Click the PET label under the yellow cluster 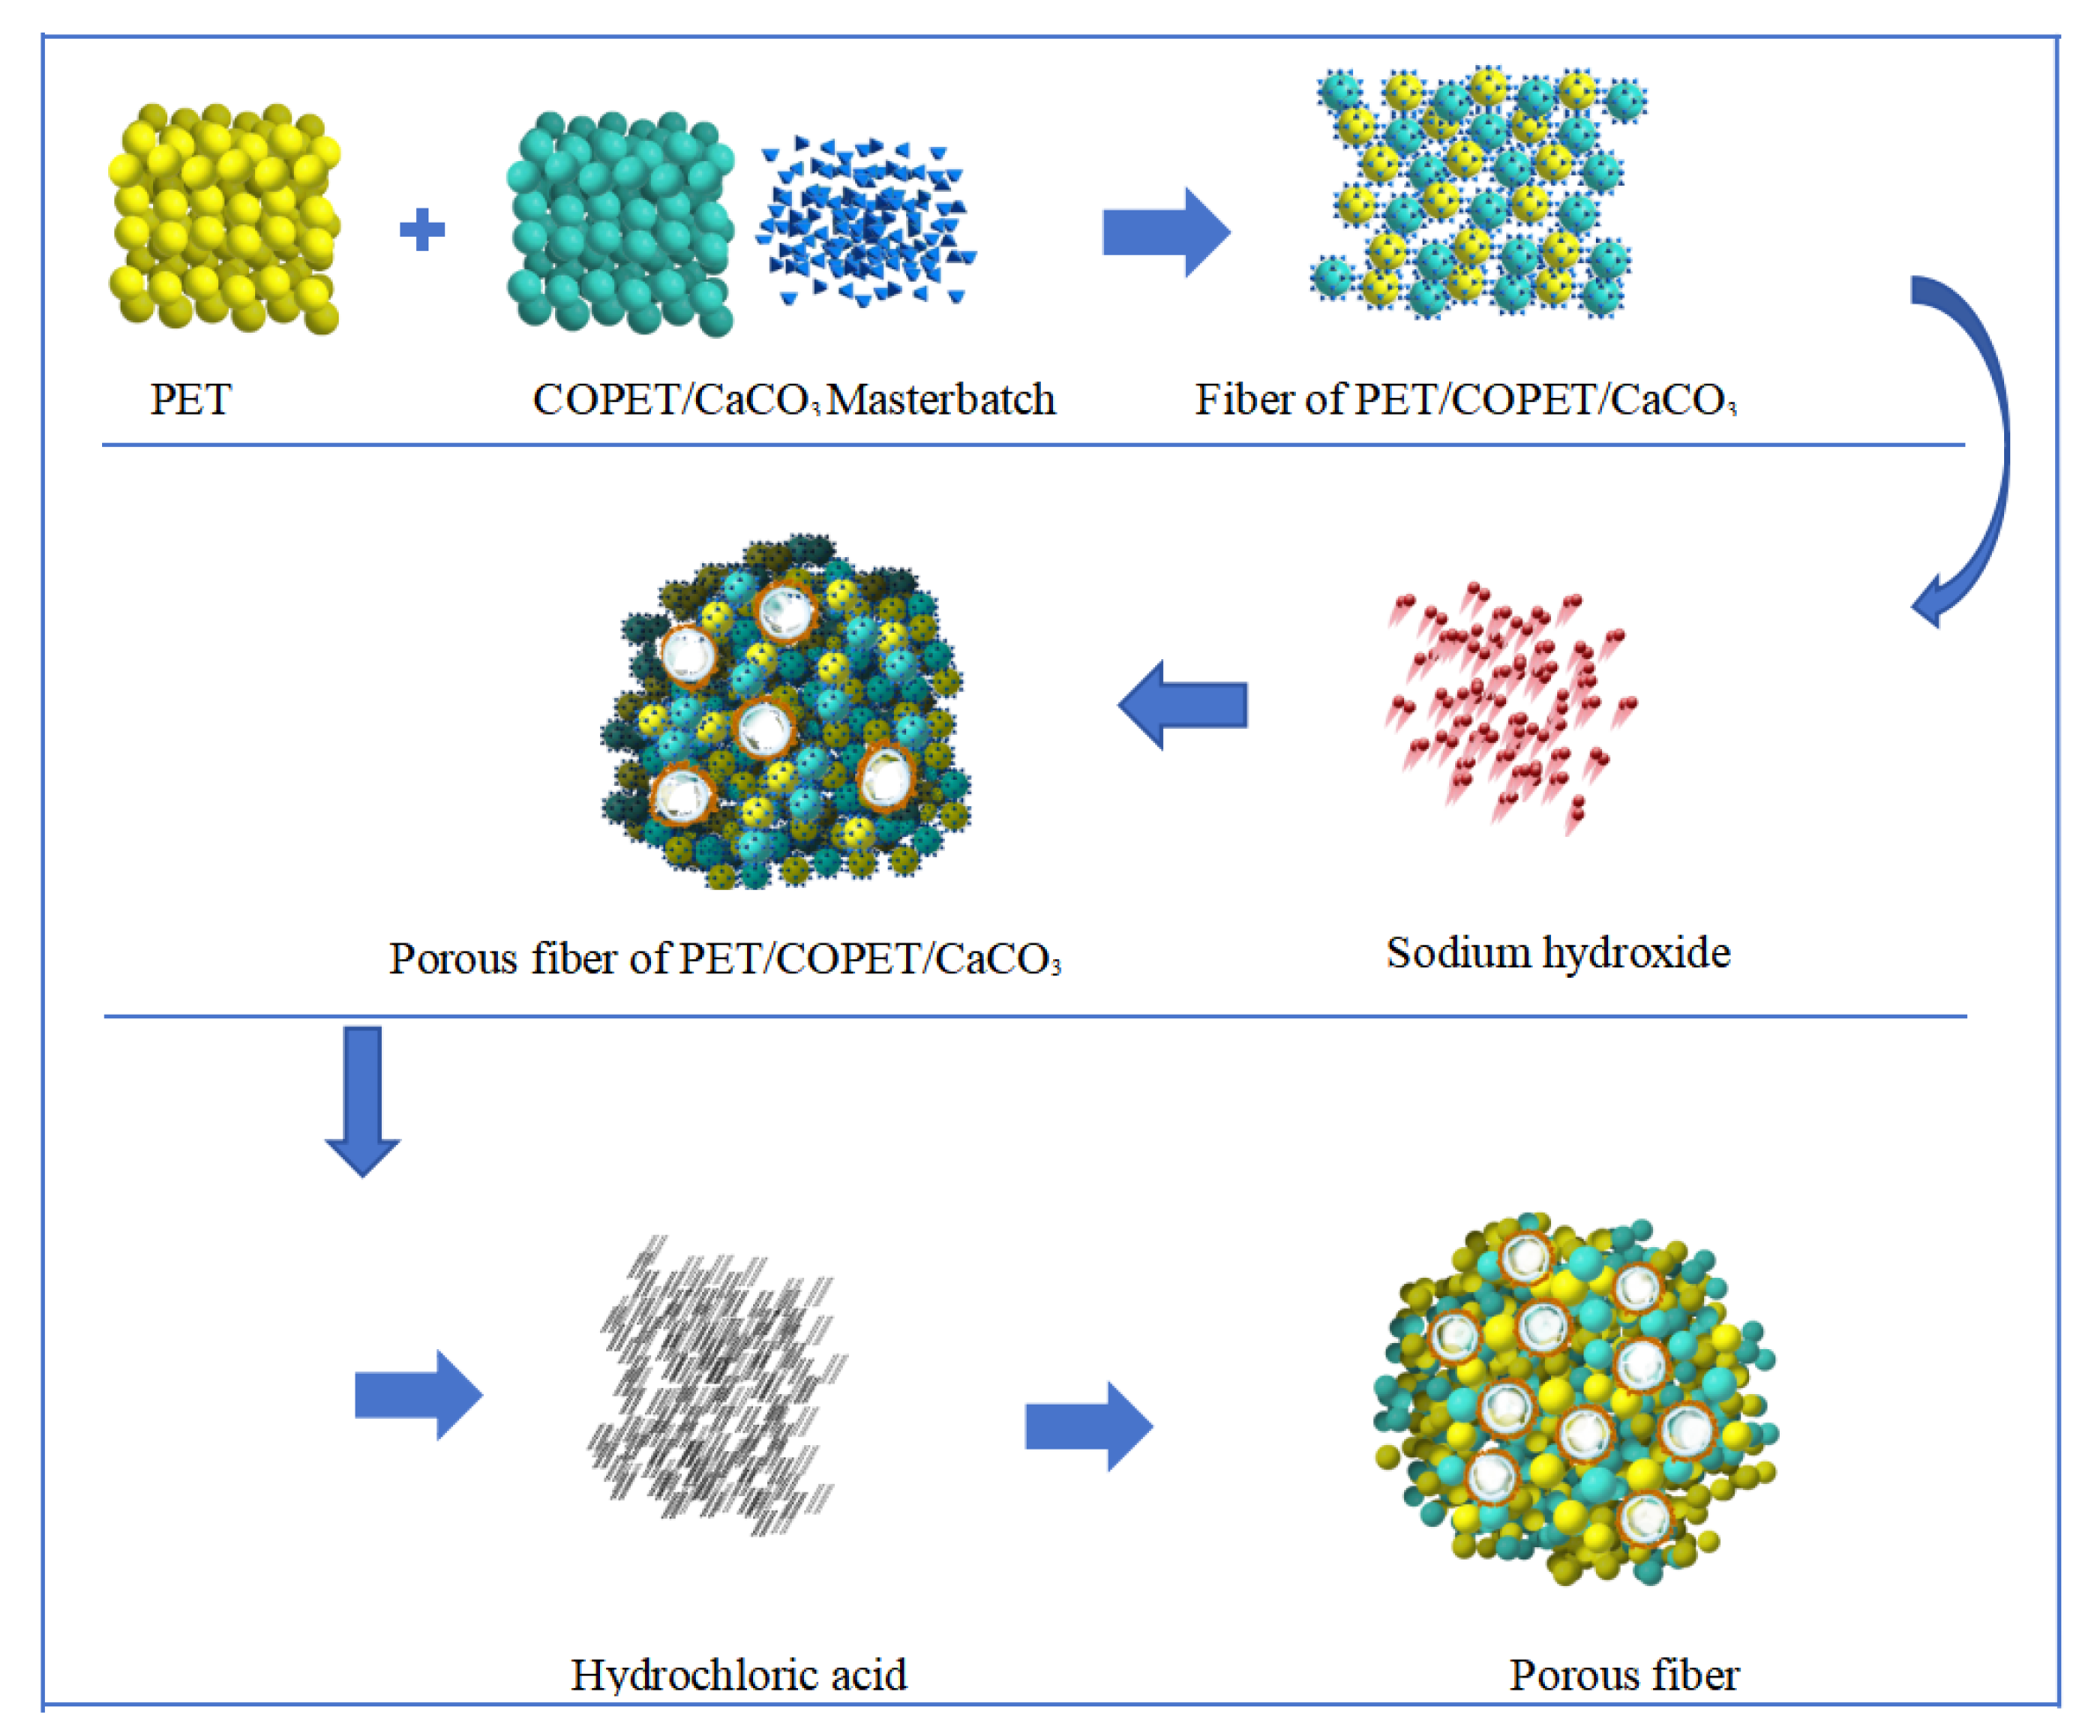[190, 400]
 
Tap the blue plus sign [421, 230]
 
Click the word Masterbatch [940, 400]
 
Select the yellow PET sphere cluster [224, 217]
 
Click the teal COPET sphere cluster [620, 224]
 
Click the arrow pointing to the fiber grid [1165, 232]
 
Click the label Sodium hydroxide [1558, 953]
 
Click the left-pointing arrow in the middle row [1183, 705]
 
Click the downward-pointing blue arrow [362, 1100]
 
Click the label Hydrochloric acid [738, 1675]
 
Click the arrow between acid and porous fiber [1088, 1426]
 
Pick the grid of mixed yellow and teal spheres [1480, 193]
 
